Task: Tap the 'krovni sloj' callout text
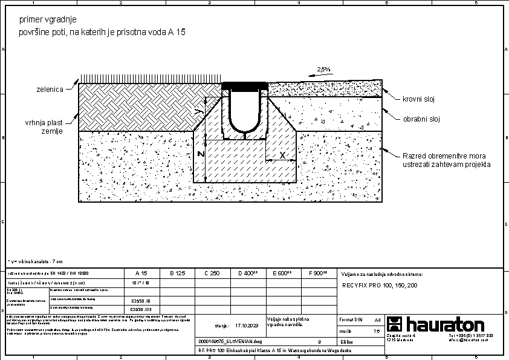pyautogui.click(x=419, y=99)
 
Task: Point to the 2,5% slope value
pyautogui.click(x=323, y=70)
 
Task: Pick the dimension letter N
pyautogui.click(x=200, y=155)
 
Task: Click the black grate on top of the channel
pyautogui.click(x=245, y=85)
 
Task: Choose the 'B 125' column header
pyautogui.click(x=177, y=273)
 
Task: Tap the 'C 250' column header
pyautogui.click(x=212, y=273)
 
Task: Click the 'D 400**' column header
pyautogui.click(x=247, y=273)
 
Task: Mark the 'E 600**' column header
pyautogui.click(x=282, y=273)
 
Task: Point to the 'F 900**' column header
pyautogui.click(x=317, y=273)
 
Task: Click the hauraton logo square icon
pyautogui.click(x=394, y=324)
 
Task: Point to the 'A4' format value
pyautogui.click(x=378, y=319)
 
